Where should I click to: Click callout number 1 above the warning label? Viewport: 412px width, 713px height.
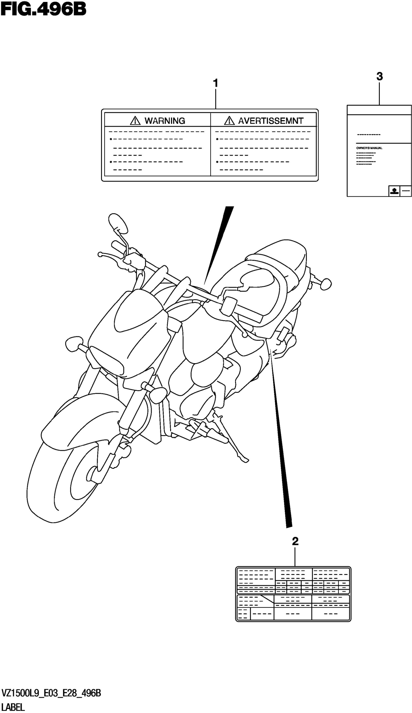point(215,83)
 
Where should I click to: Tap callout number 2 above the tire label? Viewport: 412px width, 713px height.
point(295,542)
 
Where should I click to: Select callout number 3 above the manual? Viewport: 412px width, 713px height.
point(380,76)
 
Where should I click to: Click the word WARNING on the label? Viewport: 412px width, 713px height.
point(165,121)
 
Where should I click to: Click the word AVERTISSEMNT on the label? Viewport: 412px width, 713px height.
point(271,121)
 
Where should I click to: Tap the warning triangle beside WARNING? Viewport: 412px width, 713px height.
point(135,121)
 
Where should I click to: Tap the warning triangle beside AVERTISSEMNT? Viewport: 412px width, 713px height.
point(229,121)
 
